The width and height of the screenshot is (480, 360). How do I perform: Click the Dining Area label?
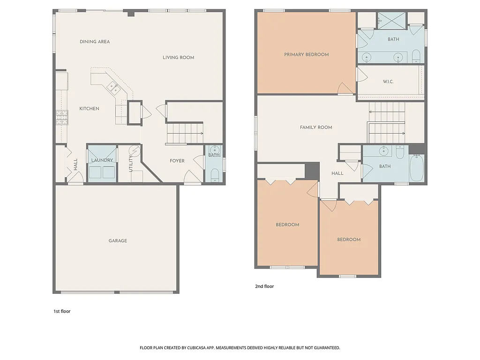[95, 42]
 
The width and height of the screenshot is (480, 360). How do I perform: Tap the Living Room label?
[178, 58]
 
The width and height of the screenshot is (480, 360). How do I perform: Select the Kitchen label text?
[89, 109]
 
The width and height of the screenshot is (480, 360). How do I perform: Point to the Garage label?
[118, 241]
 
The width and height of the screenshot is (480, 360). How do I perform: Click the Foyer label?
[177, 161]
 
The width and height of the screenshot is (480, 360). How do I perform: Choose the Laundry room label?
[102, 160]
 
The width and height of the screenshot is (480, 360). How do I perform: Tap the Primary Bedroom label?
[306, 55]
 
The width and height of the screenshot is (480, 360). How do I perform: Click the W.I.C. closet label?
[388, 82]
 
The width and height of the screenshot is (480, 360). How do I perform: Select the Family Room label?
[316, 127]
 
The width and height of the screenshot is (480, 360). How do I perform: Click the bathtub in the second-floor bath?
[417, 169]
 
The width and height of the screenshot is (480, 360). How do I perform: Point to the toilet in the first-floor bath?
[214, 175]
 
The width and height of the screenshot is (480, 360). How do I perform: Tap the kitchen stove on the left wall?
[62, 117]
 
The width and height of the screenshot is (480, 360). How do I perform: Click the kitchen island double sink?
[112, 86]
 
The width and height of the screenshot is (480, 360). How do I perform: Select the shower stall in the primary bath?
[391, 19]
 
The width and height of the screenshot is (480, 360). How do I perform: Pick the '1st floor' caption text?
[61, 311]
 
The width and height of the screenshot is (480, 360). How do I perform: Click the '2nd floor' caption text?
[264, 286]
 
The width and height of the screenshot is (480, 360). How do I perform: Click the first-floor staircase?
[185, 133]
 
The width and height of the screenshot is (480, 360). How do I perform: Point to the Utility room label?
[131, 163]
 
